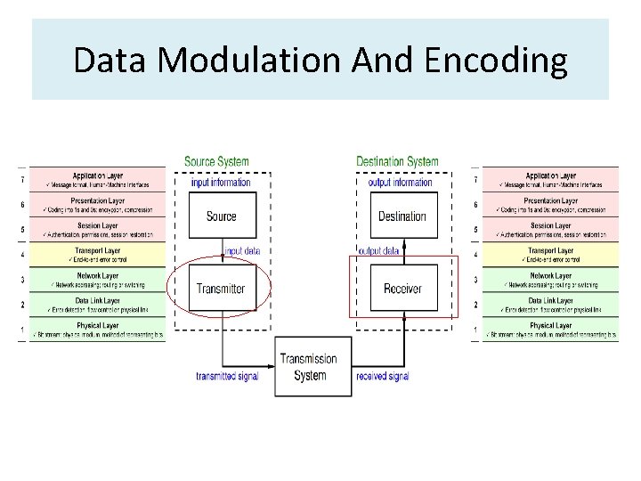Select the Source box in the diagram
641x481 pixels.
click(221, 216)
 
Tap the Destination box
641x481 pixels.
click(402, 216)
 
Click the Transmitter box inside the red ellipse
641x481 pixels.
click(221, 288)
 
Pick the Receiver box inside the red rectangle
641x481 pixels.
click(402, 288)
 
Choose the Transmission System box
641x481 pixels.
click(309, 367)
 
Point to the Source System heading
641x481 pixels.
click(216, 161)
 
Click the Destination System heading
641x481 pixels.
click(397, 161)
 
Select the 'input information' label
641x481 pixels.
click(221, 183)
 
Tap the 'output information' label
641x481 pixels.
click(401, 183)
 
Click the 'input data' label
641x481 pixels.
click(242, 251)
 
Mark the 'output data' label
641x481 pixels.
click(377, 251)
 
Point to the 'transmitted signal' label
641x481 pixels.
click(227, 377)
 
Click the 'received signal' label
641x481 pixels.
click(383, 377)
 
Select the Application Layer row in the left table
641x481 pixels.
click(98, 180)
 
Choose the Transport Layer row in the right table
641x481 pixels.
click(550, 255)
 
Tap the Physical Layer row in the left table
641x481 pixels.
click(98, 330)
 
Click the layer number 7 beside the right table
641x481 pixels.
click(475, 180)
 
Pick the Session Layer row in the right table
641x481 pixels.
click(550, 230)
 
